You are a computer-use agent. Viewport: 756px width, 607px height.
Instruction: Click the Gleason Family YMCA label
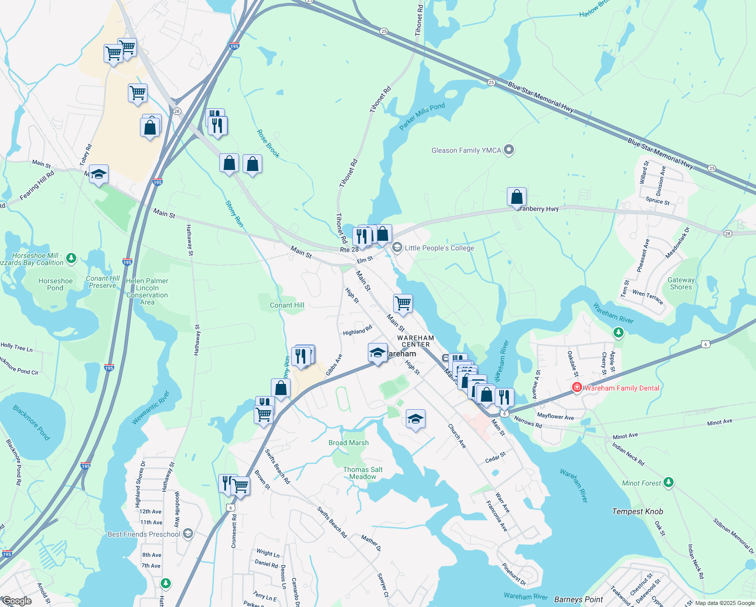point(466,150)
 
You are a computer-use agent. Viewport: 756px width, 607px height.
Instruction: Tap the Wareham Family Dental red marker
point(577,387)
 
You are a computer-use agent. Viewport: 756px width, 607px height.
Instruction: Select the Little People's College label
point(439,248)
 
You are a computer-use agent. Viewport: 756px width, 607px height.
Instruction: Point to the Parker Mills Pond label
point(422,116)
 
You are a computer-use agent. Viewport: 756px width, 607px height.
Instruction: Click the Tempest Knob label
point(637,511)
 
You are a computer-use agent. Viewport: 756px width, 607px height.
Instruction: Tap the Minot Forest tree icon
point(668,483)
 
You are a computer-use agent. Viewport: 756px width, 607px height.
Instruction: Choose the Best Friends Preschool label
point(144,534)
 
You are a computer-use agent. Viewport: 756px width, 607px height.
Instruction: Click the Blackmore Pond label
point(31,422)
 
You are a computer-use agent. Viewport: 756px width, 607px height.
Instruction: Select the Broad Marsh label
point(349,443)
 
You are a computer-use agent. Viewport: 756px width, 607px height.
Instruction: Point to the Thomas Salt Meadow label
point(363,473)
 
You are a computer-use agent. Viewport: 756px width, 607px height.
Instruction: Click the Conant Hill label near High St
point(287,305)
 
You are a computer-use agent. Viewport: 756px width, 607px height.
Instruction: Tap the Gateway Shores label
point(681,283)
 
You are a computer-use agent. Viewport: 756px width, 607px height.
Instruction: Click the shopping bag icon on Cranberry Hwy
point(516,197)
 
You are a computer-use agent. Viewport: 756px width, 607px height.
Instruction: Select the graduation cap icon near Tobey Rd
point(99,174)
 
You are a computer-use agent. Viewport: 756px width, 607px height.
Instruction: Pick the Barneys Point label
point(579,599)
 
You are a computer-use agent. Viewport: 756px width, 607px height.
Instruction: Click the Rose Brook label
point(268,143)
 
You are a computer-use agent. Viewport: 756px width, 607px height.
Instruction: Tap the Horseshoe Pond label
point(56,284)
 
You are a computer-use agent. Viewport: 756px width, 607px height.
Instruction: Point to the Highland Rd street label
point(357,331)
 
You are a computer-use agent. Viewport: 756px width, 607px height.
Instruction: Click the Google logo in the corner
point(16,601)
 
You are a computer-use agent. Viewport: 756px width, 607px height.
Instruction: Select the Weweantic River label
point(151,407)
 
